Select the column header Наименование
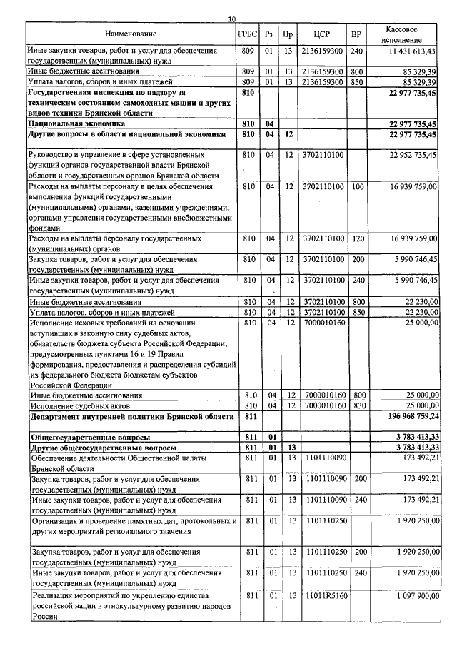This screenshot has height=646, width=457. click(x=130, y=34)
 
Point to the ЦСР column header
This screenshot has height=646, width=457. click(x=321, y=34)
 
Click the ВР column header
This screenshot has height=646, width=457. click(x=356, y=34)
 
